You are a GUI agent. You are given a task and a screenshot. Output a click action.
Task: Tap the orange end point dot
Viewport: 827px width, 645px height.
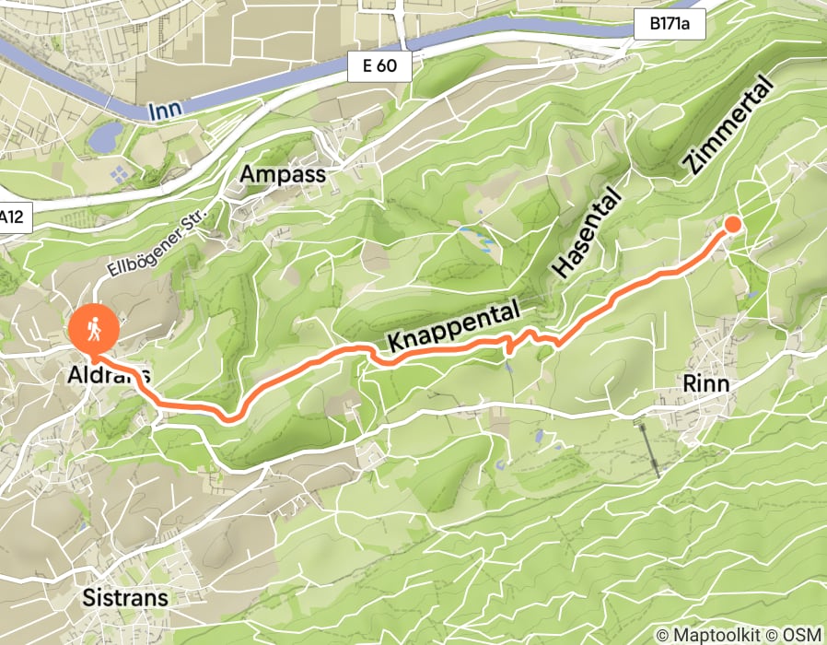pyautogui.click(x=733, y=224)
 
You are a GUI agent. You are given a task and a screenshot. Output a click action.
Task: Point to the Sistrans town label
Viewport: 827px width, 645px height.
pyautogui.click(x=125, y=597)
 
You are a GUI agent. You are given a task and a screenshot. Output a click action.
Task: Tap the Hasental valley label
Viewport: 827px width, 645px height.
pyautogui.click(x=587, y=236)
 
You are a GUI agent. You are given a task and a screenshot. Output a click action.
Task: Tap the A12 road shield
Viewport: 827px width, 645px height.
pyautogui.click(x=11, y=218)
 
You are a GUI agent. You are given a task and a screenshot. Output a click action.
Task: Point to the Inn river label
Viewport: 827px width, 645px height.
pyautogui.click(x=165, y=110)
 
